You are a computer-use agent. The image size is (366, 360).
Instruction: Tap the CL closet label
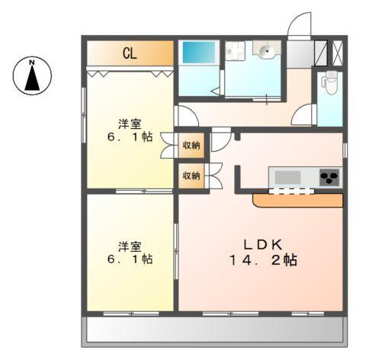click(x=130, y=53)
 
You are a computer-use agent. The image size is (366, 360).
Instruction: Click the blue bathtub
click(x=198, y=55)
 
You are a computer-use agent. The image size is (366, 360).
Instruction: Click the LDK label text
click(x=264, y=244)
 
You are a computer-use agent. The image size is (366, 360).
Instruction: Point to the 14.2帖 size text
click(x=264, y=260)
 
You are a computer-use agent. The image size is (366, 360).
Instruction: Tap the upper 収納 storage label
click(x=191, y=146)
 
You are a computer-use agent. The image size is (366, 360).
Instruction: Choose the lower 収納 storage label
click(x=191, y=176)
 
